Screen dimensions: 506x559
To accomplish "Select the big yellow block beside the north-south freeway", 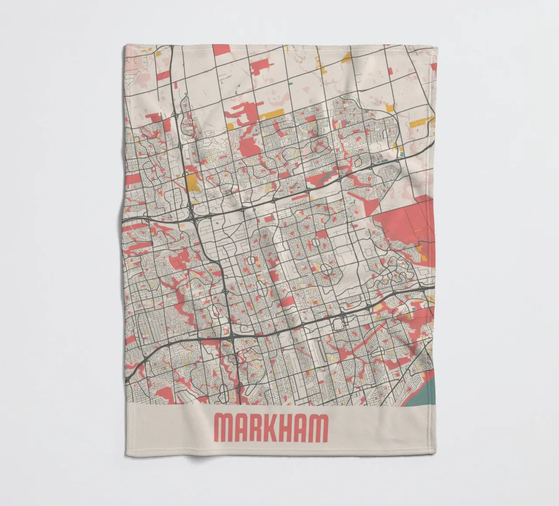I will point(192,182).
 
